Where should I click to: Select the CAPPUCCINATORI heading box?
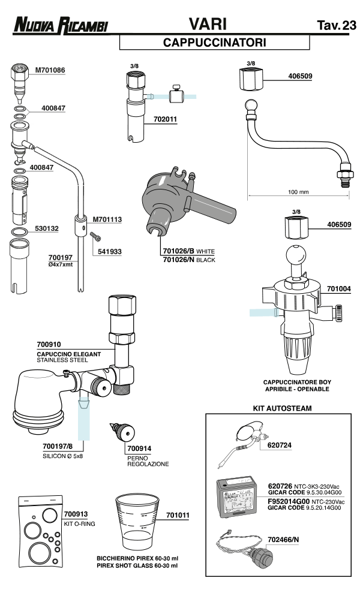coord(214,43)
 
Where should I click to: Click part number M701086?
coord(50,70)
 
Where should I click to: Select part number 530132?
coord(46,228)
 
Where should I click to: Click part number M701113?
coord(107,219)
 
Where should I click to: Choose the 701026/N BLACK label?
coord(188,260)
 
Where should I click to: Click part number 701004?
coord(339,288)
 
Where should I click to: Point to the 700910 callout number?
coord(49,345)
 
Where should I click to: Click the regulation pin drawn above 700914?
coord(124,432)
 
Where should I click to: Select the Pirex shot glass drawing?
coord(136,519)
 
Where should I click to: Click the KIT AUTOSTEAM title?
coord(277,408)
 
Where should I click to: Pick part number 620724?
coord(281,445)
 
